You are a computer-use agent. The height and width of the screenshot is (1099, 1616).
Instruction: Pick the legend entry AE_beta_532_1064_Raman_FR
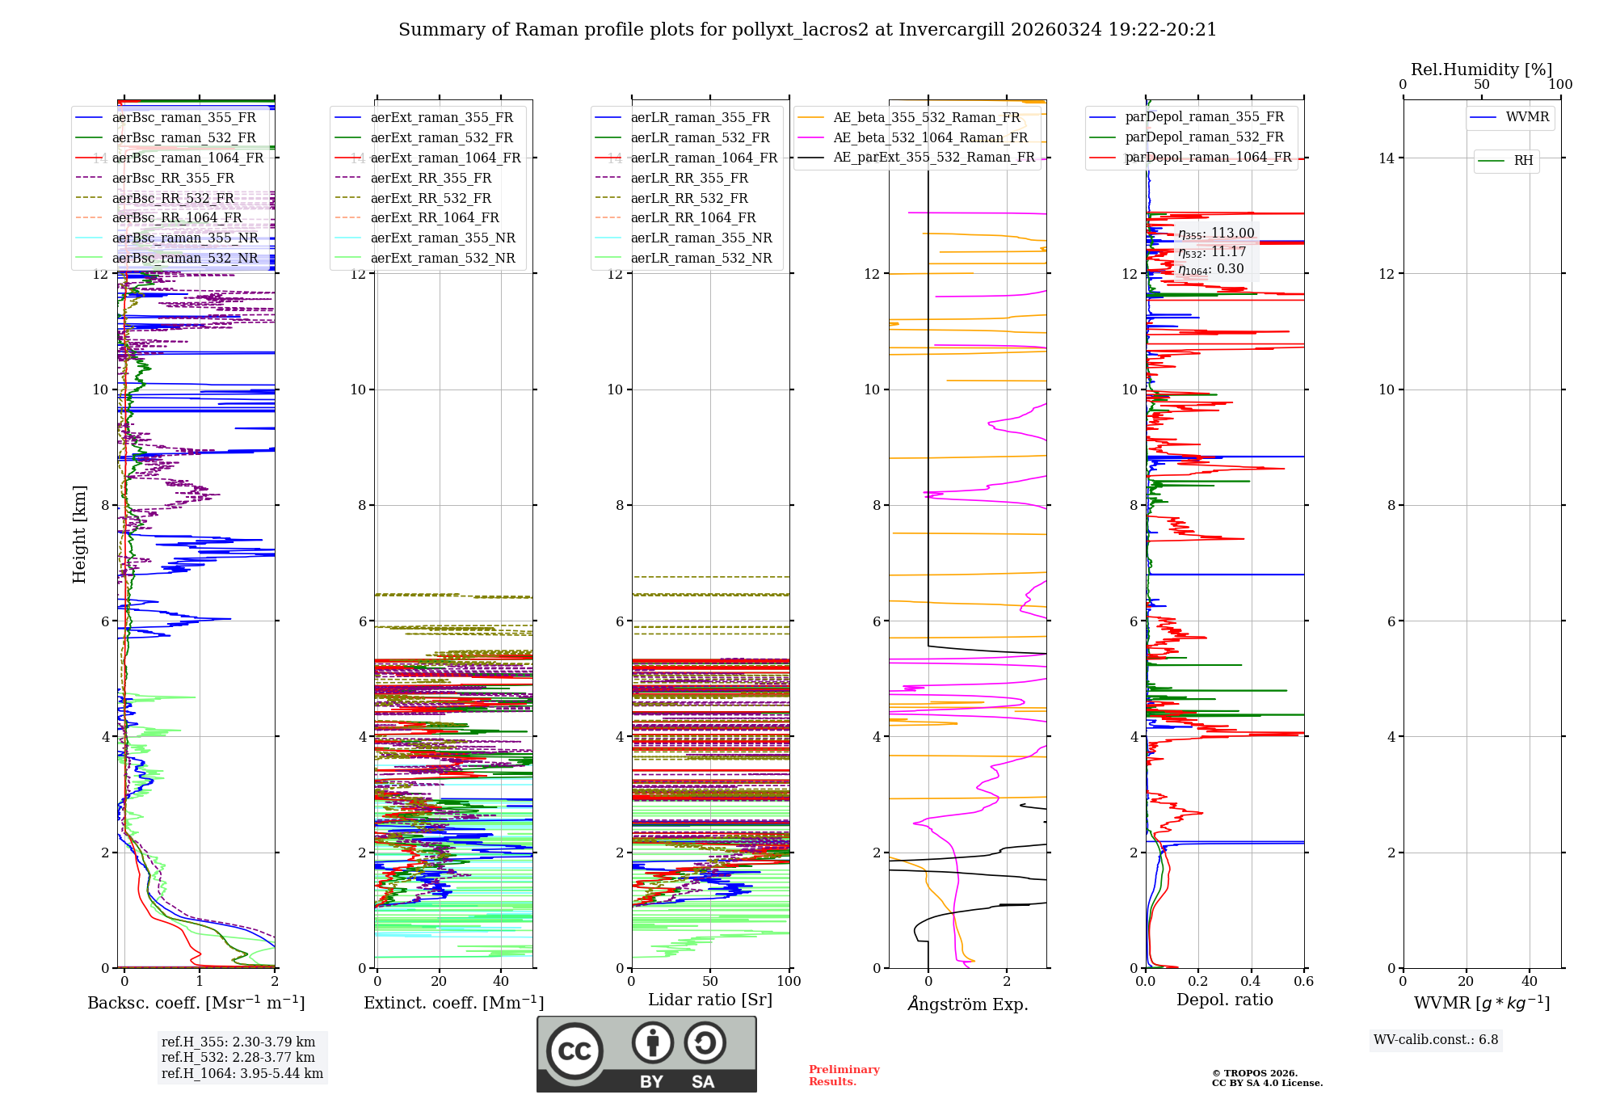coord(930,137)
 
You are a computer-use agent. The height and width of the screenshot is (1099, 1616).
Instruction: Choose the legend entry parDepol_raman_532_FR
coord(1204,137)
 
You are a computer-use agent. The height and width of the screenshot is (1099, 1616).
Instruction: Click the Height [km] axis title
coord(79,534)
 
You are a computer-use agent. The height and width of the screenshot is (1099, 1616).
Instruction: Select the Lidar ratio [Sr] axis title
coord(709,1000)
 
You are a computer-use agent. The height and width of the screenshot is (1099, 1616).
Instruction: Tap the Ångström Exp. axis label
coord(967,1004)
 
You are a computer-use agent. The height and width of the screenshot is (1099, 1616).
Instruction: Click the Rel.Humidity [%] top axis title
coord(1481,69)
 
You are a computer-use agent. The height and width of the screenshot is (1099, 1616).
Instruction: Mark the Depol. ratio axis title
coord(1224,1000)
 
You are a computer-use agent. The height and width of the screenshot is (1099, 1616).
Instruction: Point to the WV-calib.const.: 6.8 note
coord(1435,1040)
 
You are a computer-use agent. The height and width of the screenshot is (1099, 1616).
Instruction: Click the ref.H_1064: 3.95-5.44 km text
coord(242,1073)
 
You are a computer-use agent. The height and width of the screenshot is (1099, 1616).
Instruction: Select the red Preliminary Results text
coord(844,1076)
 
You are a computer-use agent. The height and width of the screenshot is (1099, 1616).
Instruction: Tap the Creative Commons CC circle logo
coord(574,1051)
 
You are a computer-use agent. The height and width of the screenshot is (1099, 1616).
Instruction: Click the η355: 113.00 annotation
coord(1215,234)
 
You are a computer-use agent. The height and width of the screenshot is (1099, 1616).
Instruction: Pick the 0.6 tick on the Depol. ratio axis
coord(1303,982)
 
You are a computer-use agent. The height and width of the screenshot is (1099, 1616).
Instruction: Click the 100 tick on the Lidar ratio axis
coord(789,982)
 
